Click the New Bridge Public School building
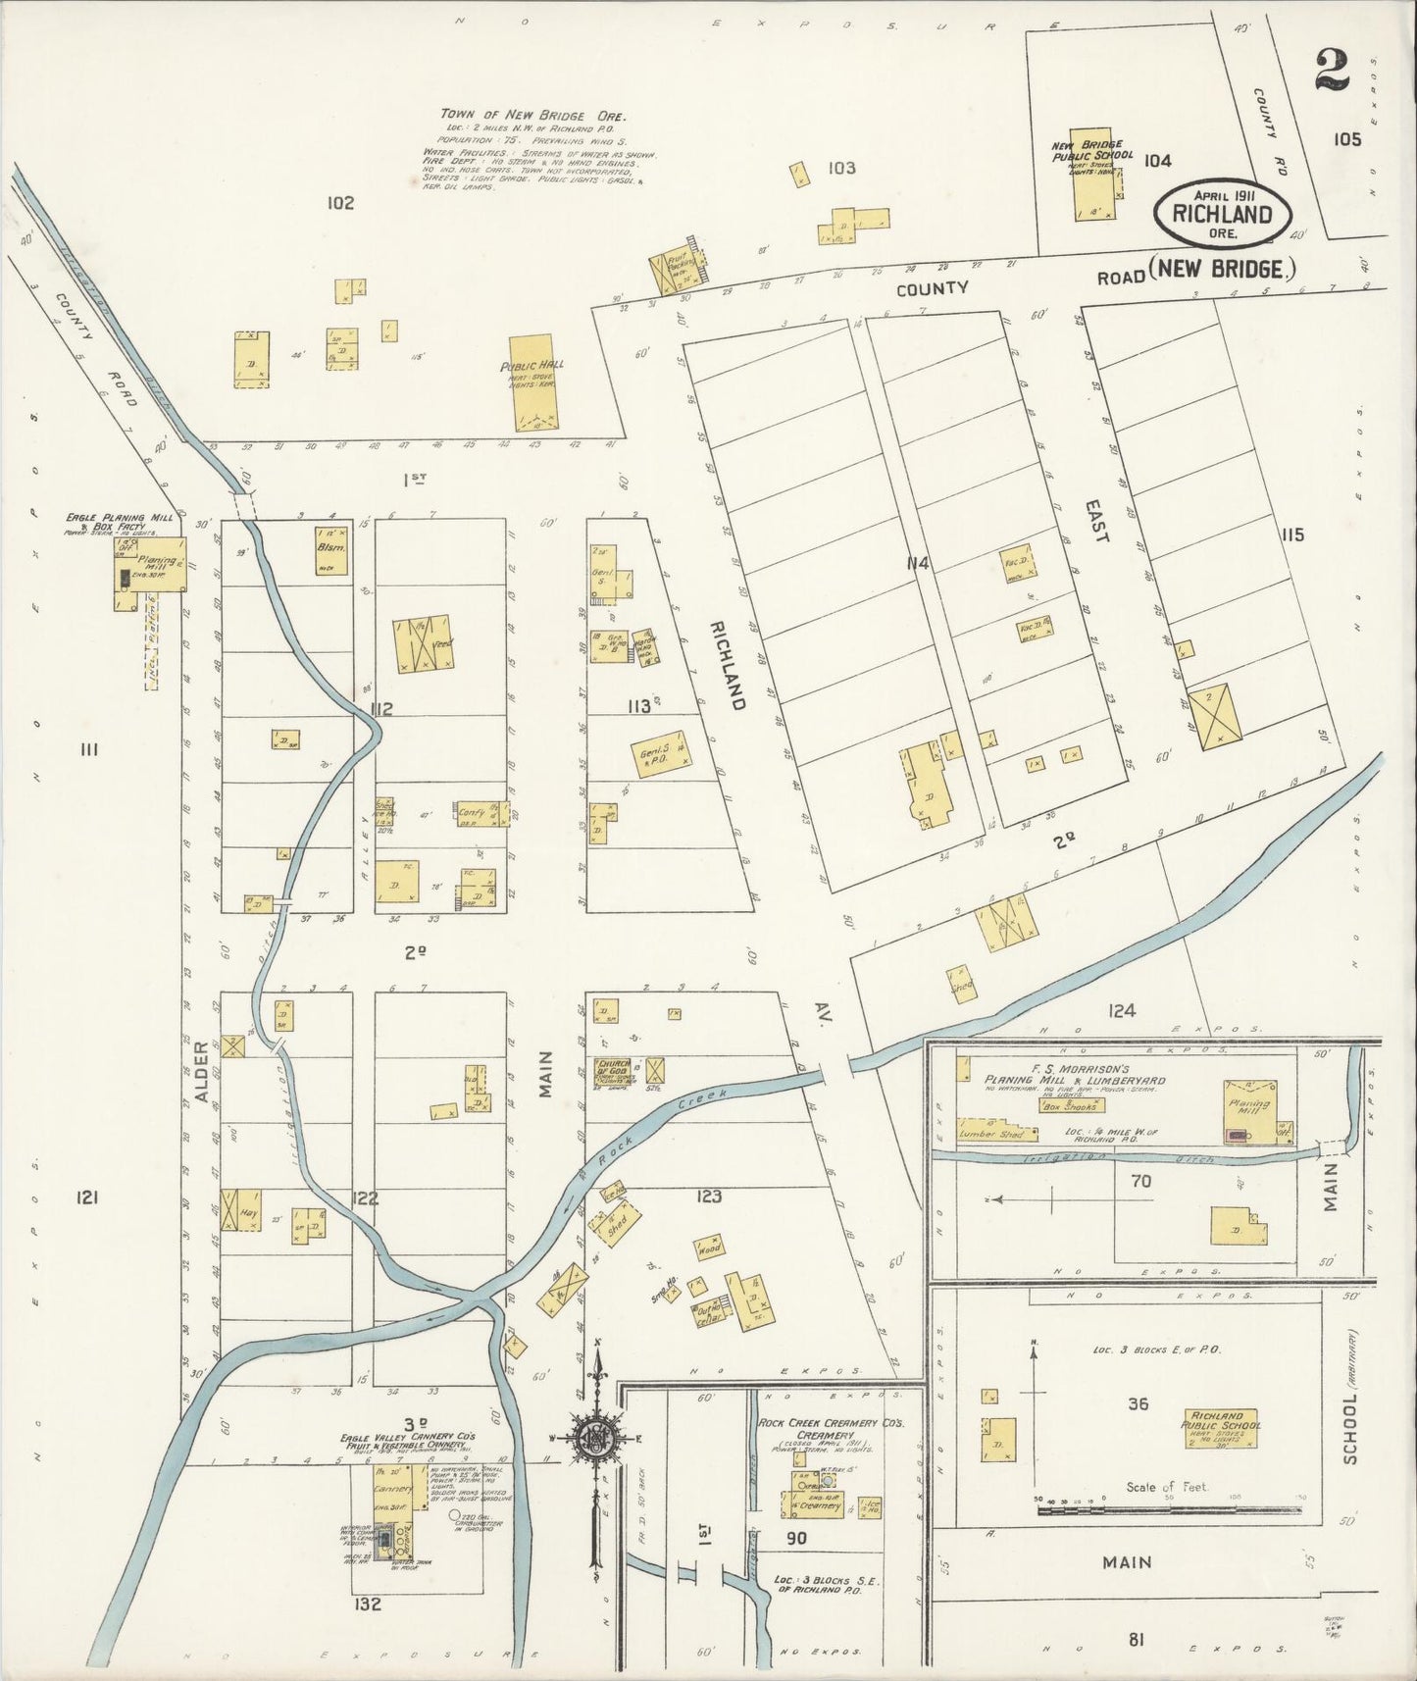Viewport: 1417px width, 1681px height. click(1091, 174)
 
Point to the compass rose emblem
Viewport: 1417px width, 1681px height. click(595, 1438)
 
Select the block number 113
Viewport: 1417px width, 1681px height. click(639, 705)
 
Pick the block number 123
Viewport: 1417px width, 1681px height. click(709, 1196)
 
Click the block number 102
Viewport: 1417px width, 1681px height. click(340, 203)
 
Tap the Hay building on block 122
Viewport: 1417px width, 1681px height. click(241, 1207)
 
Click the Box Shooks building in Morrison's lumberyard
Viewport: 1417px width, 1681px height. click(1072, 1104)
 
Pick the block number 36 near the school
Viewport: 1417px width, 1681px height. click(1137, 1403)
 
